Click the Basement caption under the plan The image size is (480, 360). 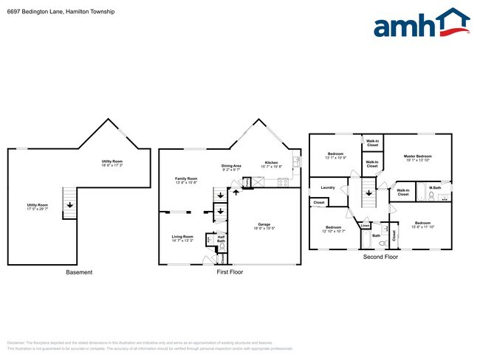coord(79,272)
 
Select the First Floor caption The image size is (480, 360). coord(230,272)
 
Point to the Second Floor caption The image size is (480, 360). coord(380,257)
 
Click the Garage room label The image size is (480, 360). coord(264,224)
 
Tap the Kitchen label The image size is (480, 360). coord(272,162)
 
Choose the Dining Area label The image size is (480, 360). coord(232,166)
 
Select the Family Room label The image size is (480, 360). coord(186,179)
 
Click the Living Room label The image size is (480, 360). coord(182,237)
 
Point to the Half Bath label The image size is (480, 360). coord(221,238)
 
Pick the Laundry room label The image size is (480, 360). coord(328,187)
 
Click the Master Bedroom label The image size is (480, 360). coord(417,156)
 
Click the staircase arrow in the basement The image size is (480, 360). coord(69,206)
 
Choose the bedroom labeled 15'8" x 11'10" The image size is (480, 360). coord(422,224)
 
